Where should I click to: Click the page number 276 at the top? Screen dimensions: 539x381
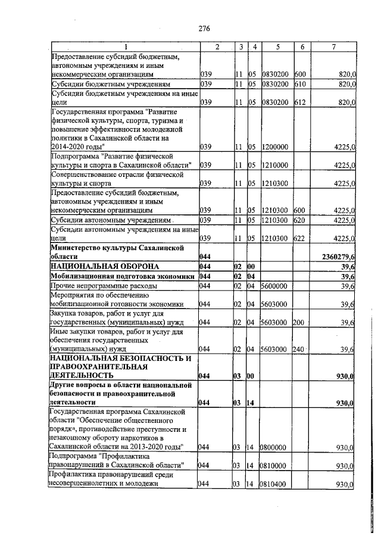click(205, 28)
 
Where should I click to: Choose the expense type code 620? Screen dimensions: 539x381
click(300, 220)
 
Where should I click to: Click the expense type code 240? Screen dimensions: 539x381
click(300, 349)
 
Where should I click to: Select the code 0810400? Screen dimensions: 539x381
click(274, 485)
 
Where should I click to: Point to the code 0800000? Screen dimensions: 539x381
click(274, 447)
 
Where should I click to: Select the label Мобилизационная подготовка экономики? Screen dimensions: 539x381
click(123, 276)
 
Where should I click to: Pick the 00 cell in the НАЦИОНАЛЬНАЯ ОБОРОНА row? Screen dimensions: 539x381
click(252, 266)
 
